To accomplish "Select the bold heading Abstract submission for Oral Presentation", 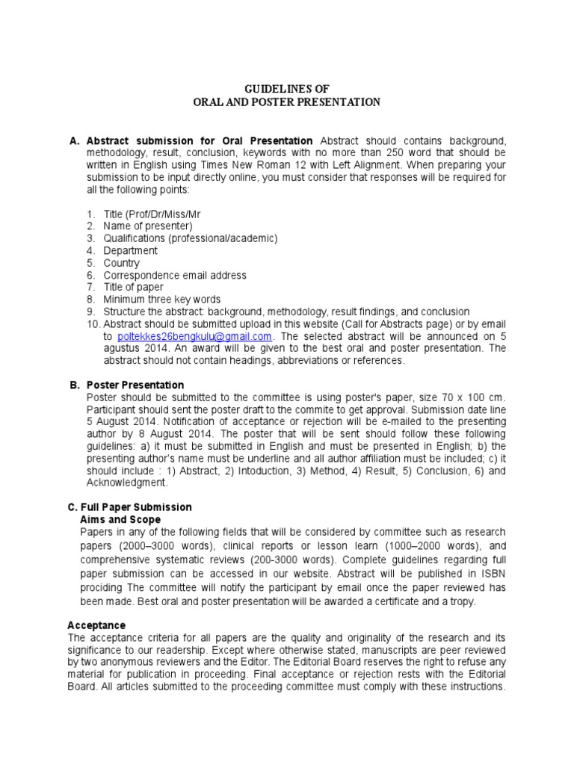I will pyautogui.click(x=200, y=141).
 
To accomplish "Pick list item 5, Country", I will pyautogui.click(x=121, y=263).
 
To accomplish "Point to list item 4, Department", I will pyautogui.click(x=130, y=251).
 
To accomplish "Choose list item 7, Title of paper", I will pyautogui.click(x=133, y=287).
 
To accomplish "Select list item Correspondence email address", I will pyautogui.click(x=175, y=275).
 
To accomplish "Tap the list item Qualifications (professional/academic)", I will pyautogui.click(x=191, y=238).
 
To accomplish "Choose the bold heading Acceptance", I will pyautogui.click(x=96, y=625).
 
